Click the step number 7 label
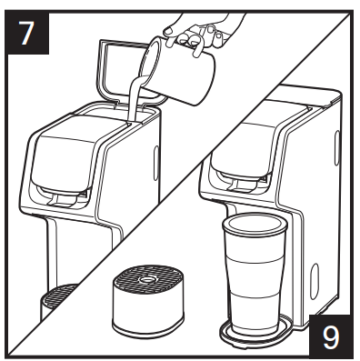[x=26, y=33]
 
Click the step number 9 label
[x=331, y=337]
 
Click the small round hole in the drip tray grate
[x=148, y=279]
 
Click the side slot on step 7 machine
[x=155, y=164]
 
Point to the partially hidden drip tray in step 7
[x=57, y=302]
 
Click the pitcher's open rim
[x=151, y=61]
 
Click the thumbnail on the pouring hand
[x=168, y=30]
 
